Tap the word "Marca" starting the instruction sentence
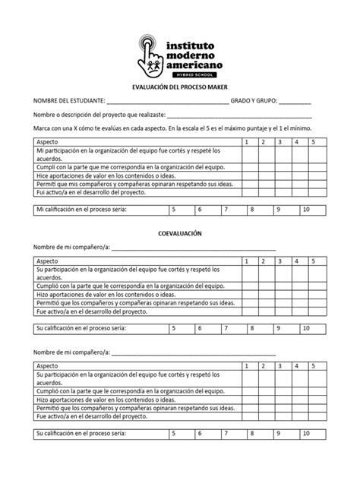click(40, 128)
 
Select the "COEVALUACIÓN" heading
click(179, 233)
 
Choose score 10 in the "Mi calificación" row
click(307, 208)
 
